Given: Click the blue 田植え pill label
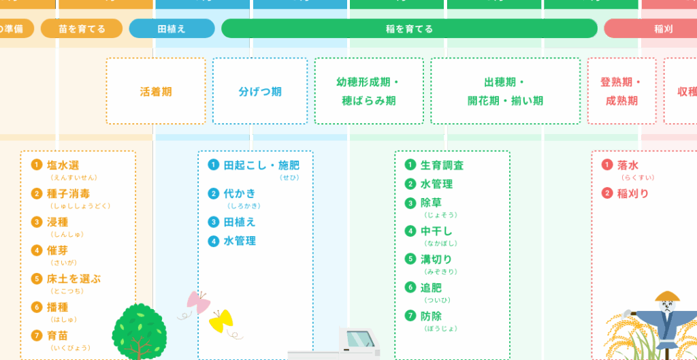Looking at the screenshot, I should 172,29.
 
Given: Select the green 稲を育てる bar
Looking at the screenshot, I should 409,29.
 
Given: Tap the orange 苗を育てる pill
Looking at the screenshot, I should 82,29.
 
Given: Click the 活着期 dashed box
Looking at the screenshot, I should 155,91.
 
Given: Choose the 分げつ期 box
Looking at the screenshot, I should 260,91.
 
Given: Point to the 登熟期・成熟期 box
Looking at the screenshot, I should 621,91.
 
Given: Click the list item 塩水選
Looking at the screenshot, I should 63,165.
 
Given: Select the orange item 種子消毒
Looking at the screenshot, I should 68,193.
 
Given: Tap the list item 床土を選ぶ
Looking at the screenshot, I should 74,279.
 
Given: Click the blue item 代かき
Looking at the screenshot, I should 240,193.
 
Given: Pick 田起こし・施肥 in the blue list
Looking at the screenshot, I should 261,165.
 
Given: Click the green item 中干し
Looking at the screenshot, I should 436,231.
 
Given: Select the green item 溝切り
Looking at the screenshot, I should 436,259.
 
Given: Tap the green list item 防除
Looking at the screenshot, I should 431,316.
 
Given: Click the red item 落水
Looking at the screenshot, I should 628,165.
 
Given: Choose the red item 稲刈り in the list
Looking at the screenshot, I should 632,193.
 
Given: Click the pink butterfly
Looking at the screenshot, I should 197,301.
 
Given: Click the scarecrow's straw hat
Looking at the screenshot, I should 667,297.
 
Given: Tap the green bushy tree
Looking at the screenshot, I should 139,328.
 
